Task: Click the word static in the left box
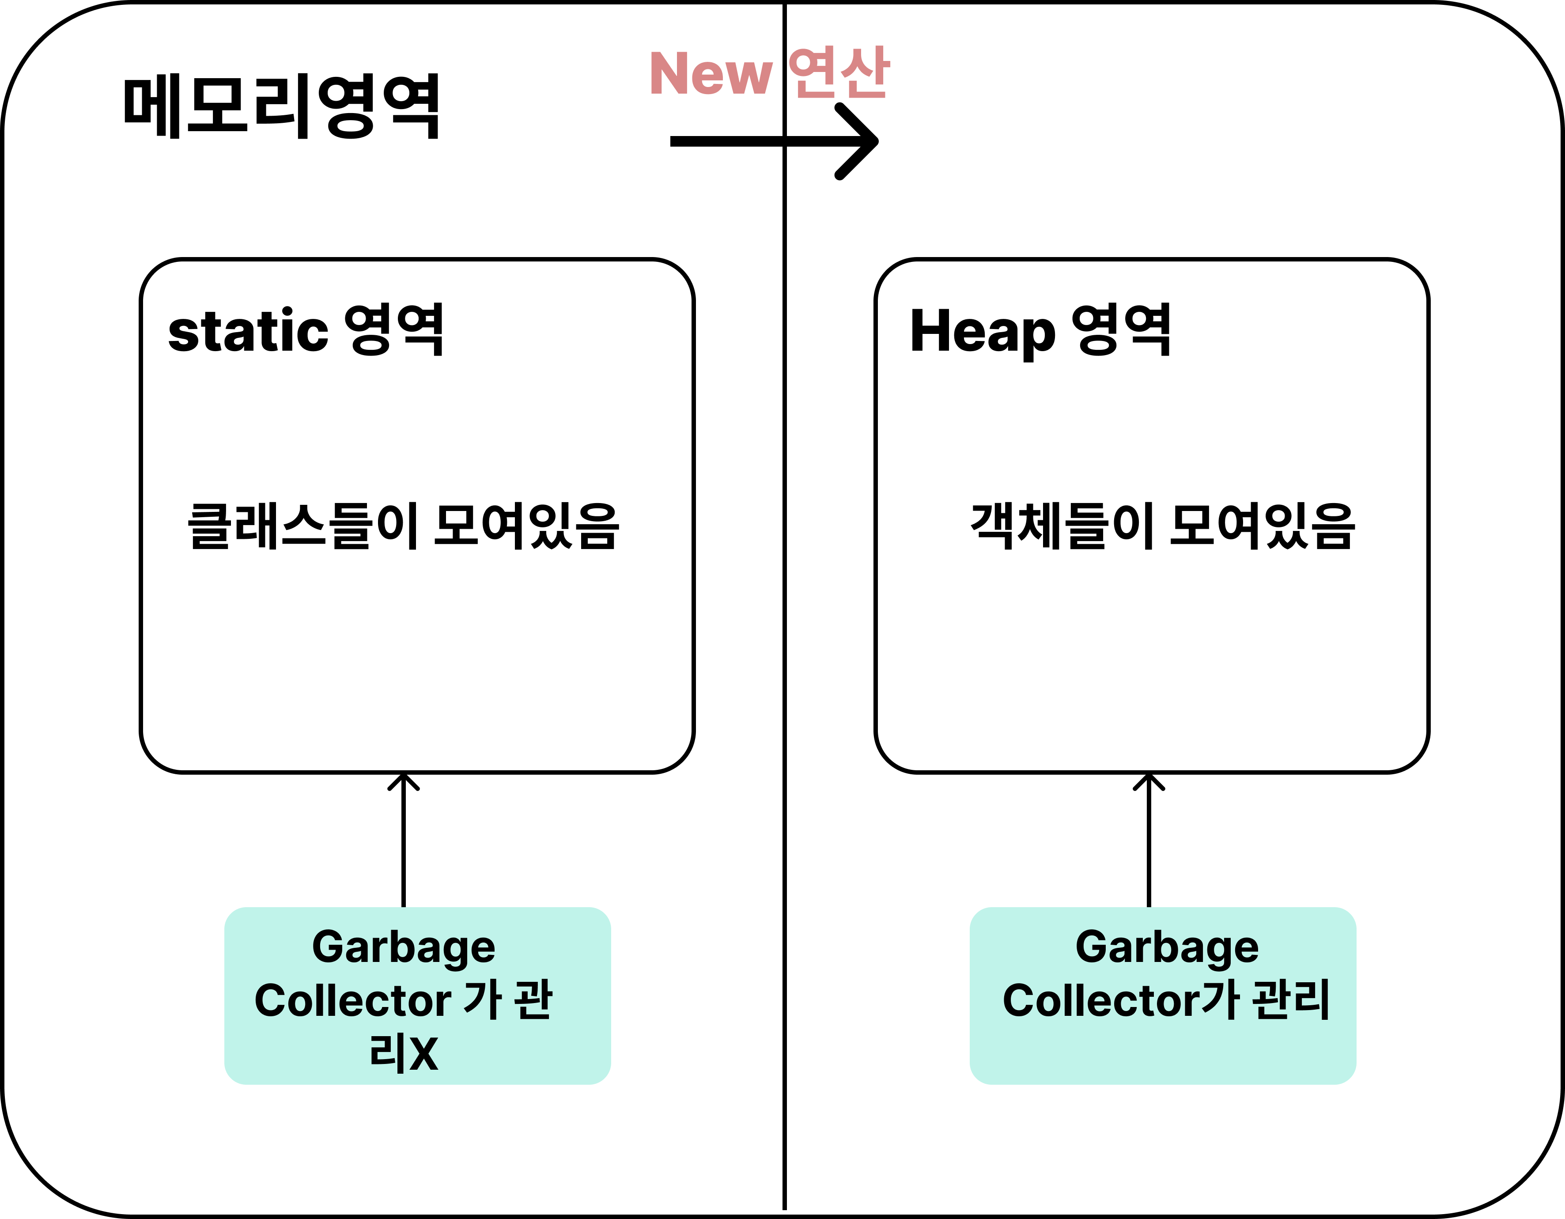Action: pyautogui.click(x=248, y=331)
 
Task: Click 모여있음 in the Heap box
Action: pyautogui.click(x=1261, y=527)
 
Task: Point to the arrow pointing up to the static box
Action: pyautogui.click(x=404, y=838)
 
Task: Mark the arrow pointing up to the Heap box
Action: pyautogui.click(x=1149, y=838)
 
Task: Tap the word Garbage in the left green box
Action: pyautogui.click(x=404, y=947)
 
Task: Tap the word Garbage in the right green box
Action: pyautogui.click(x=1167, y=947)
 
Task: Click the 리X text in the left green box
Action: pyautogui.click(x=404, y=1053)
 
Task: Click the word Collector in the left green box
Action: pyautogui.click(x=352, y=1000)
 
